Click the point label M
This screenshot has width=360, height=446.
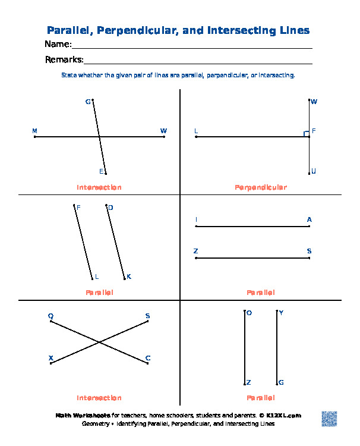coord(34,130)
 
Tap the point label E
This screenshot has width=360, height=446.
coord(101,171)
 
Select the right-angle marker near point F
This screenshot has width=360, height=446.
coord(306,134)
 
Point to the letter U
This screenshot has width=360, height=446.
coord(314,171)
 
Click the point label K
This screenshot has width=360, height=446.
coord(128,277)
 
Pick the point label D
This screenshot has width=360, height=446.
coord(110,208)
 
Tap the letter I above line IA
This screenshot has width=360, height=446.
coord(196,219)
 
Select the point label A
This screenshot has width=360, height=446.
coord(309,219)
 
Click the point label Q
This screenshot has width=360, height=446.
coord(50,316)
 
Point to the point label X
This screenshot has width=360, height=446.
coord(50,358)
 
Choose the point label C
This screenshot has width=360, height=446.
coord(148,358)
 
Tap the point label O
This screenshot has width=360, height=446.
coord(249,312)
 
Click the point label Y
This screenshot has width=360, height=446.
coord(281,312)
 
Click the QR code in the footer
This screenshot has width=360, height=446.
coord(329,418)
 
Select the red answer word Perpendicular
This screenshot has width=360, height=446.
coord(260,187)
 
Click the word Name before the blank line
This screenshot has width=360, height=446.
coord(58,45)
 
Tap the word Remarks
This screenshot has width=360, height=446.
coord(64,59)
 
